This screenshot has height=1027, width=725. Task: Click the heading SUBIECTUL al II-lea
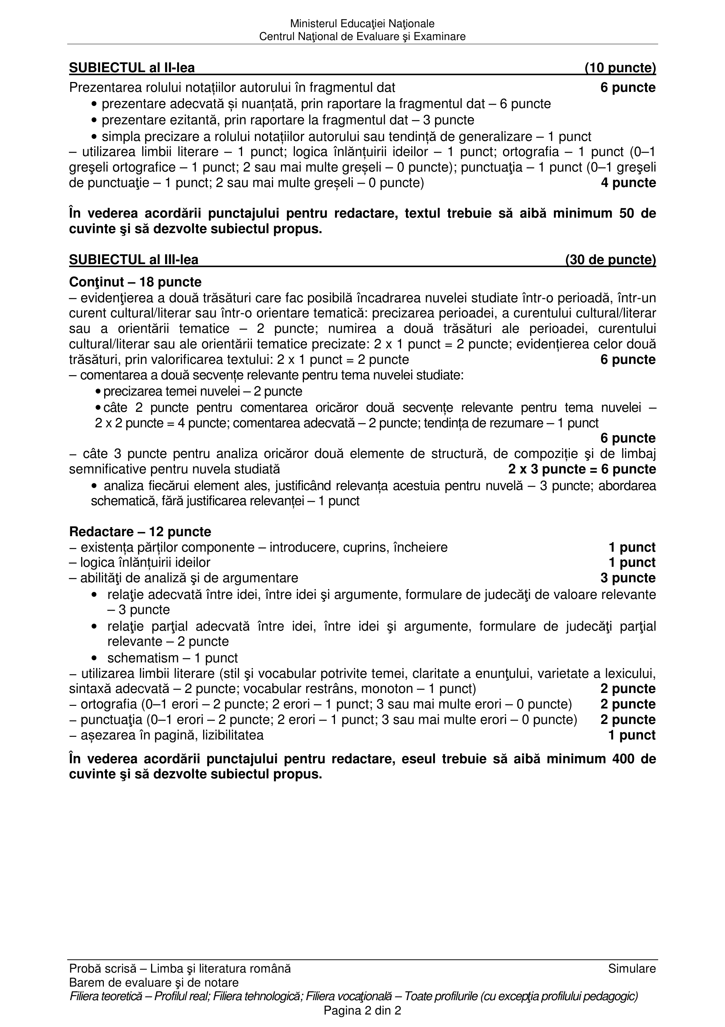pyautogui.click(x=132, y=68)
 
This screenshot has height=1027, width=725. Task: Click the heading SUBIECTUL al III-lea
pyautogui.click(x=134, y=260)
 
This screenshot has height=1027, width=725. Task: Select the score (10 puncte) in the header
pyautogui.click(x=620, y=68)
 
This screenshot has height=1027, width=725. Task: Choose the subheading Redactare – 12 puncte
pyautogui.click(x=140, y=532)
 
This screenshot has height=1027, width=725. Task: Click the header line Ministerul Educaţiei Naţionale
pyautogui.click(x=362, y=23)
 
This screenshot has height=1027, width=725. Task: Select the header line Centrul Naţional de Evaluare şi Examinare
pyautogui.click(x=362, y=37)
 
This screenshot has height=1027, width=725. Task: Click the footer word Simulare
pyautogui.click(x=632, y=969)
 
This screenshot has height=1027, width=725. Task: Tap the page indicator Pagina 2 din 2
pyautogui.click(x=362, y=1010)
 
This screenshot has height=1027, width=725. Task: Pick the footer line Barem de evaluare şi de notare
pyautogui.click(x=154, y=983)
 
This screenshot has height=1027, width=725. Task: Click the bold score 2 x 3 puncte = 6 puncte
pyautogui.click(x=582, y=469)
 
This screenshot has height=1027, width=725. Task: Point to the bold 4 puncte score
pyautogui.click(x=628, y=183)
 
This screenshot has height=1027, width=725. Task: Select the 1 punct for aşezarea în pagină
pyautogui.click(x=632, y=735)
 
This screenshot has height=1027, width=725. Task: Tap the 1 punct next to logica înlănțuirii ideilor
pyautogui.click(x=632, y=562)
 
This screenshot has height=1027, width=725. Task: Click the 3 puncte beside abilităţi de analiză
pyautogui.click(x=628, y=578)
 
